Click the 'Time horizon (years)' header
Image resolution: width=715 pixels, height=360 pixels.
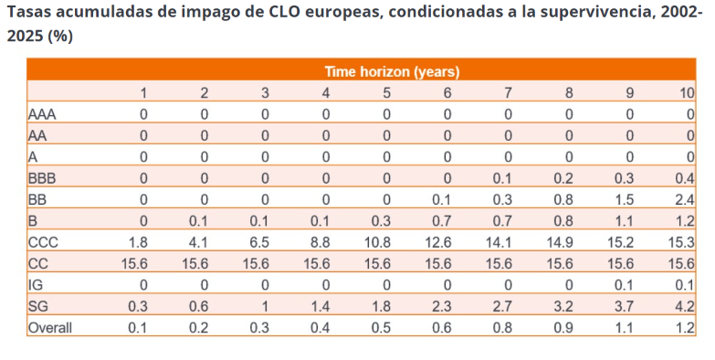pyautogui.click(x=392, y=71)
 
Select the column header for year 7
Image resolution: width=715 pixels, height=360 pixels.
pyautogui.click(x=508, y=93)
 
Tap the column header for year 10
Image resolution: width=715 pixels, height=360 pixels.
pyautogui.click(x=688, y=93)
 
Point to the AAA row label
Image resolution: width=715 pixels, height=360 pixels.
pyautogui.click(x=42, y=114)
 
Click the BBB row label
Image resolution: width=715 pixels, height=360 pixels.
pyautogui.click(x=42, y=178)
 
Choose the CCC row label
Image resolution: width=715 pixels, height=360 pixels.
pyautogui.click(x=43, y=242)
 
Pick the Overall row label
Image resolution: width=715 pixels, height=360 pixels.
pyautogui.click(x=50, y=328)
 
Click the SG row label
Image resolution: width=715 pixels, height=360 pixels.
pyautogui.click(x=37, y=306)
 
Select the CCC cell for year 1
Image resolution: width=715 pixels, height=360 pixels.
pyautogui.click(x=138, y=242)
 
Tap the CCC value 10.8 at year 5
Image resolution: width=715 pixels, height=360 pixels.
pyautogui.click(x=377, y=242)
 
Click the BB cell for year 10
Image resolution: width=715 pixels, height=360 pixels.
pyautogui.click(x=685, y=200)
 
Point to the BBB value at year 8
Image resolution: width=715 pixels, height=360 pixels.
pyautogui.click(x=563, y=178)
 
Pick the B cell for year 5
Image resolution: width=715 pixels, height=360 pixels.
pyautogui.click(x=381, y=221)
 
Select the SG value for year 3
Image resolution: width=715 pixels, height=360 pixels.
pyautogui.click(x=265, y=306)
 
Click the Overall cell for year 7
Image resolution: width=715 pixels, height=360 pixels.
pyautogui.click(x=502, y=328)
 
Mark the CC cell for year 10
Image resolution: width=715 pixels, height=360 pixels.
pyautogui.click(x=681, y=264)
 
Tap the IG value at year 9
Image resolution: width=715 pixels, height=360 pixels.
pyautogui.click(x=624, y=285)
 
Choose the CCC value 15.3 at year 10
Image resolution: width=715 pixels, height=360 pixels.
pyautogui.click(x=681, y=242)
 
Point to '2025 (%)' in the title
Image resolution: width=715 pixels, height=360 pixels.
pyautogui.click(x=39, y=37)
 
